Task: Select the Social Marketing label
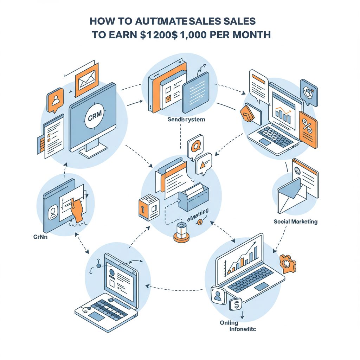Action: (295, 221)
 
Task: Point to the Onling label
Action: (229, 323)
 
